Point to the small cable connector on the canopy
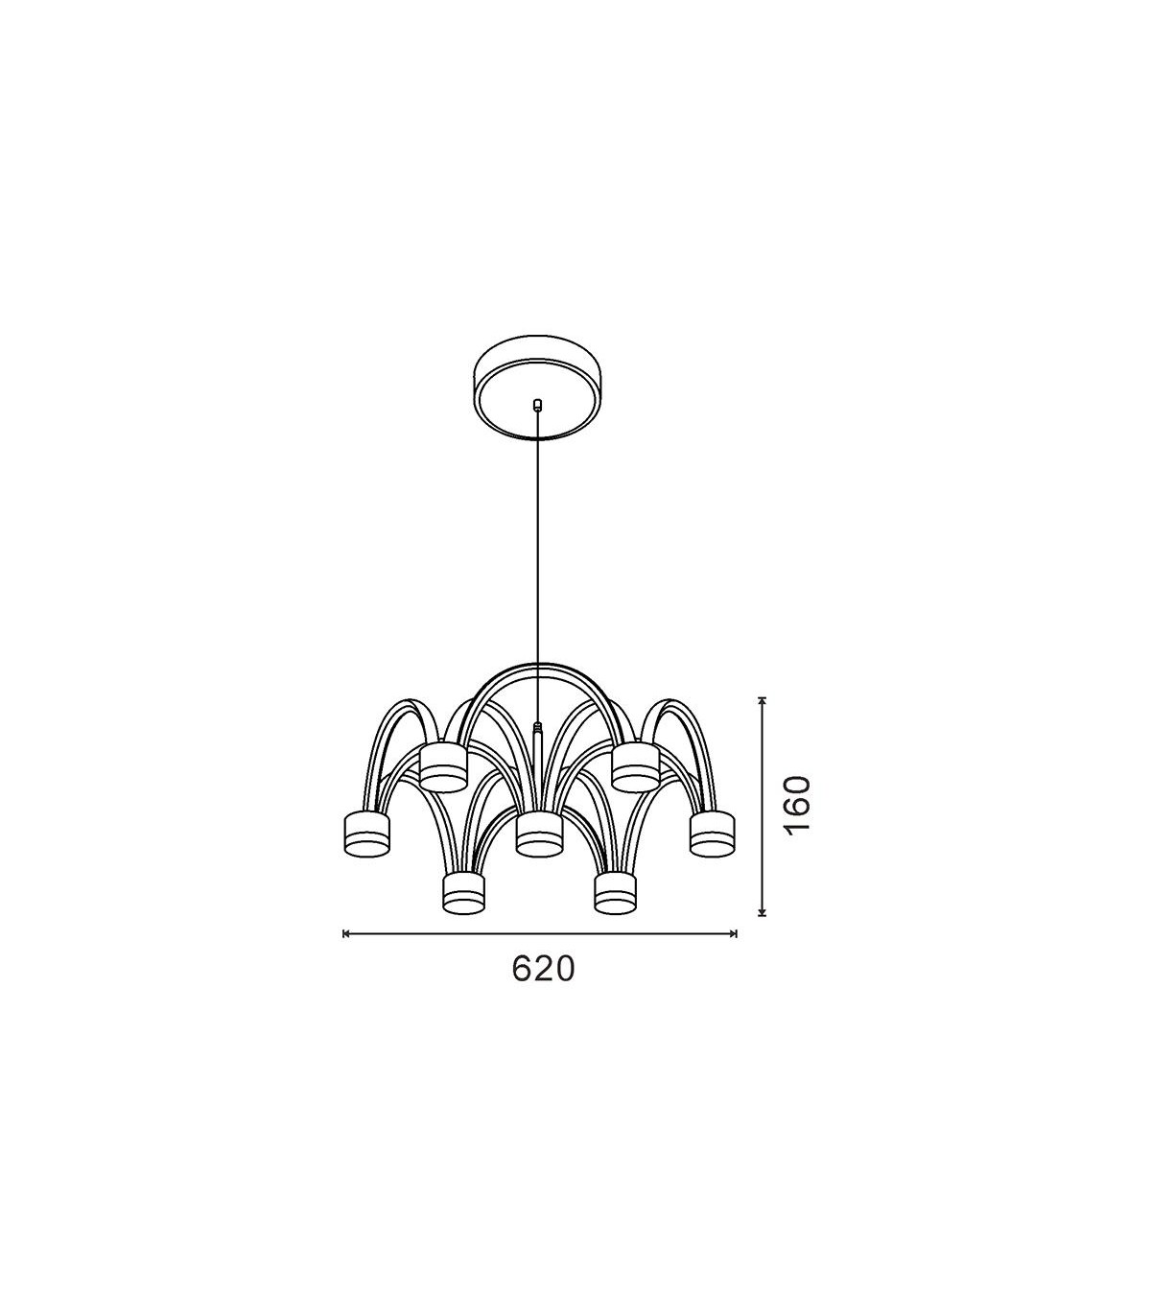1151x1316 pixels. point(537,405)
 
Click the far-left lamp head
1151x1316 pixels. point(367,834)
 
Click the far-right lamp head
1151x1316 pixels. point(713,834)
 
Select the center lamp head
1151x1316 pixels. point(539,834)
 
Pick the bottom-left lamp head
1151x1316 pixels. point(463,893)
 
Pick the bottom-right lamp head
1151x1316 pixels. point(616,893)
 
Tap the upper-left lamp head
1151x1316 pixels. point(443,768)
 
